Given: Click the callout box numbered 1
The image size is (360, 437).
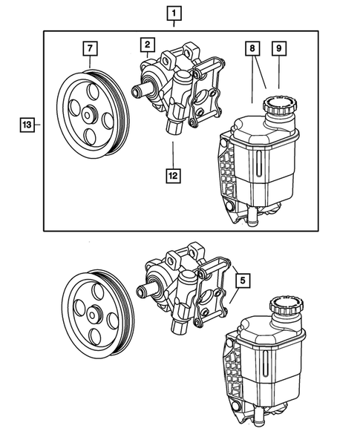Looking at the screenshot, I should coord(174,13).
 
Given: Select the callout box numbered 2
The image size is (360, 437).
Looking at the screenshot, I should coord(148,45).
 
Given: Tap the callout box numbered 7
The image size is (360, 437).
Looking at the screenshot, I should coord(89,48).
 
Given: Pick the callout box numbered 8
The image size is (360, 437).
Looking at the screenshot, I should coord(254,48).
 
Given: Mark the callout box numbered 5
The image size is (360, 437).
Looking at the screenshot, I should coord(243,281).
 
